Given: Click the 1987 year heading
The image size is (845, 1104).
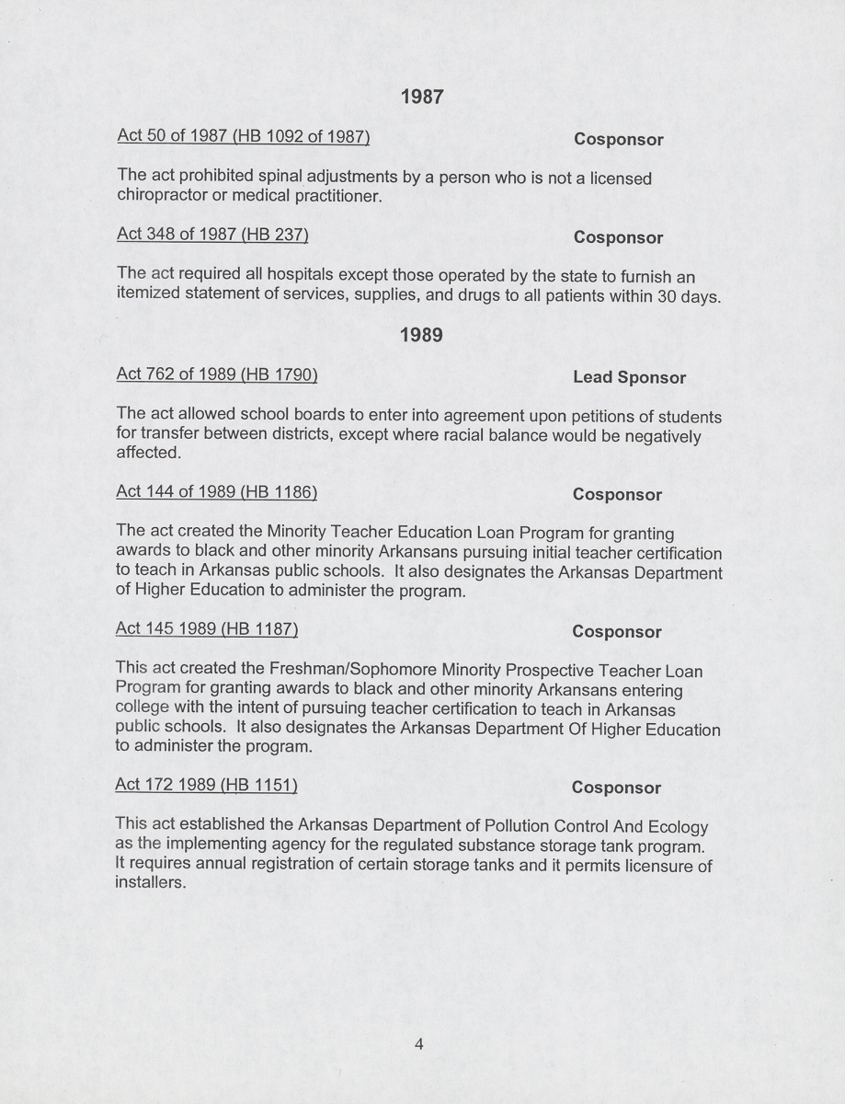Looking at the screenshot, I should pos(422,97).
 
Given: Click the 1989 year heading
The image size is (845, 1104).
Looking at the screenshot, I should pos(422,336).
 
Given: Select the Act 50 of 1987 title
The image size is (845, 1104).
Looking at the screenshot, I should pos(244,137).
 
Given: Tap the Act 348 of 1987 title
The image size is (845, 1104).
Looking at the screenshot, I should pos(212,235).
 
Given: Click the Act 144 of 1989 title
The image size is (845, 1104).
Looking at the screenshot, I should pos(217,492).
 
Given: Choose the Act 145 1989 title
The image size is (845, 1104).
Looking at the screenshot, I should pos(207,629).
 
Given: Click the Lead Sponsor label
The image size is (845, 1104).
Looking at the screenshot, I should pos(629,377).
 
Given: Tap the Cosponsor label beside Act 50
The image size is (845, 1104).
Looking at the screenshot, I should pos(619,140).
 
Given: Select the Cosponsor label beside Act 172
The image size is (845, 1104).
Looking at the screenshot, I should pos(616,788).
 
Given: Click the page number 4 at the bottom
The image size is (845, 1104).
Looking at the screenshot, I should pos(418,1043).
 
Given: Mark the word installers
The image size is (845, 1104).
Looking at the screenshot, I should pos(150,884).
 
